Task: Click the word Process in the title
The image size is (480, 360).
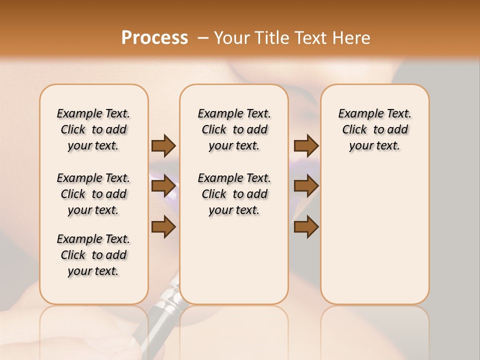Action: [x=154, y=38]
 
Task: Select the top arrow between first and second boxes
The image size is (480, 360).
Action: [x=163, y=145]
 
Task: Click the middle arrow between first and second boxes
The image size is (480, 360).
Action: [x=163, y=186]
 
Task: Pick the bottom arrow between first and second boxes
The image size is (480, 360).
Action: [x=163, y=227]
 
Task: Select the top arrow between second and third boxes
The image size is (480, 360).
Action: [x=306, y=145]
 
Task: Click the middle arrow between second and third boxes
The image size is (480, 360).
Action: [x=306, y=186]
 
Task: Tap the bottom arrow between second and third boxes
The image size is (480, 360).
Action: [x=306, y=227]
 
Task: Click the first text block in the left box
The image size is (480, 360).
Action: [x=93, y=129]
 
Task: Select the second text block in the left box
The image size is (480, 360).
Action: [x=93, y=194]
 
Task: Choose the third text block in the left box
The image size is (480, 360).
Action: [x=93, y=255]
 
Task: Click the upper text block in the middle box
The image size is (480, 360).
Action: [x=234, y=129]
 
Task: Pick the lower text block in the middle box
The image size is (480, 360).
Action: [x=234, y=194]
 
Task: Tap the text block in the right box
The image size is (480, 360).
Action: [x=374, y=129]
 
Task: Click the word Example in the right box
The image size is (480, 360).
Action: [x=356, y=114]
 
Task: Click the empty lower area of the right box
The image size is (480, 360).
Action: [x=374, y=240]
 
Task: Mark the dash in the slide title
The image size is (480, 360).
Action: [x=203, y=38]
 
